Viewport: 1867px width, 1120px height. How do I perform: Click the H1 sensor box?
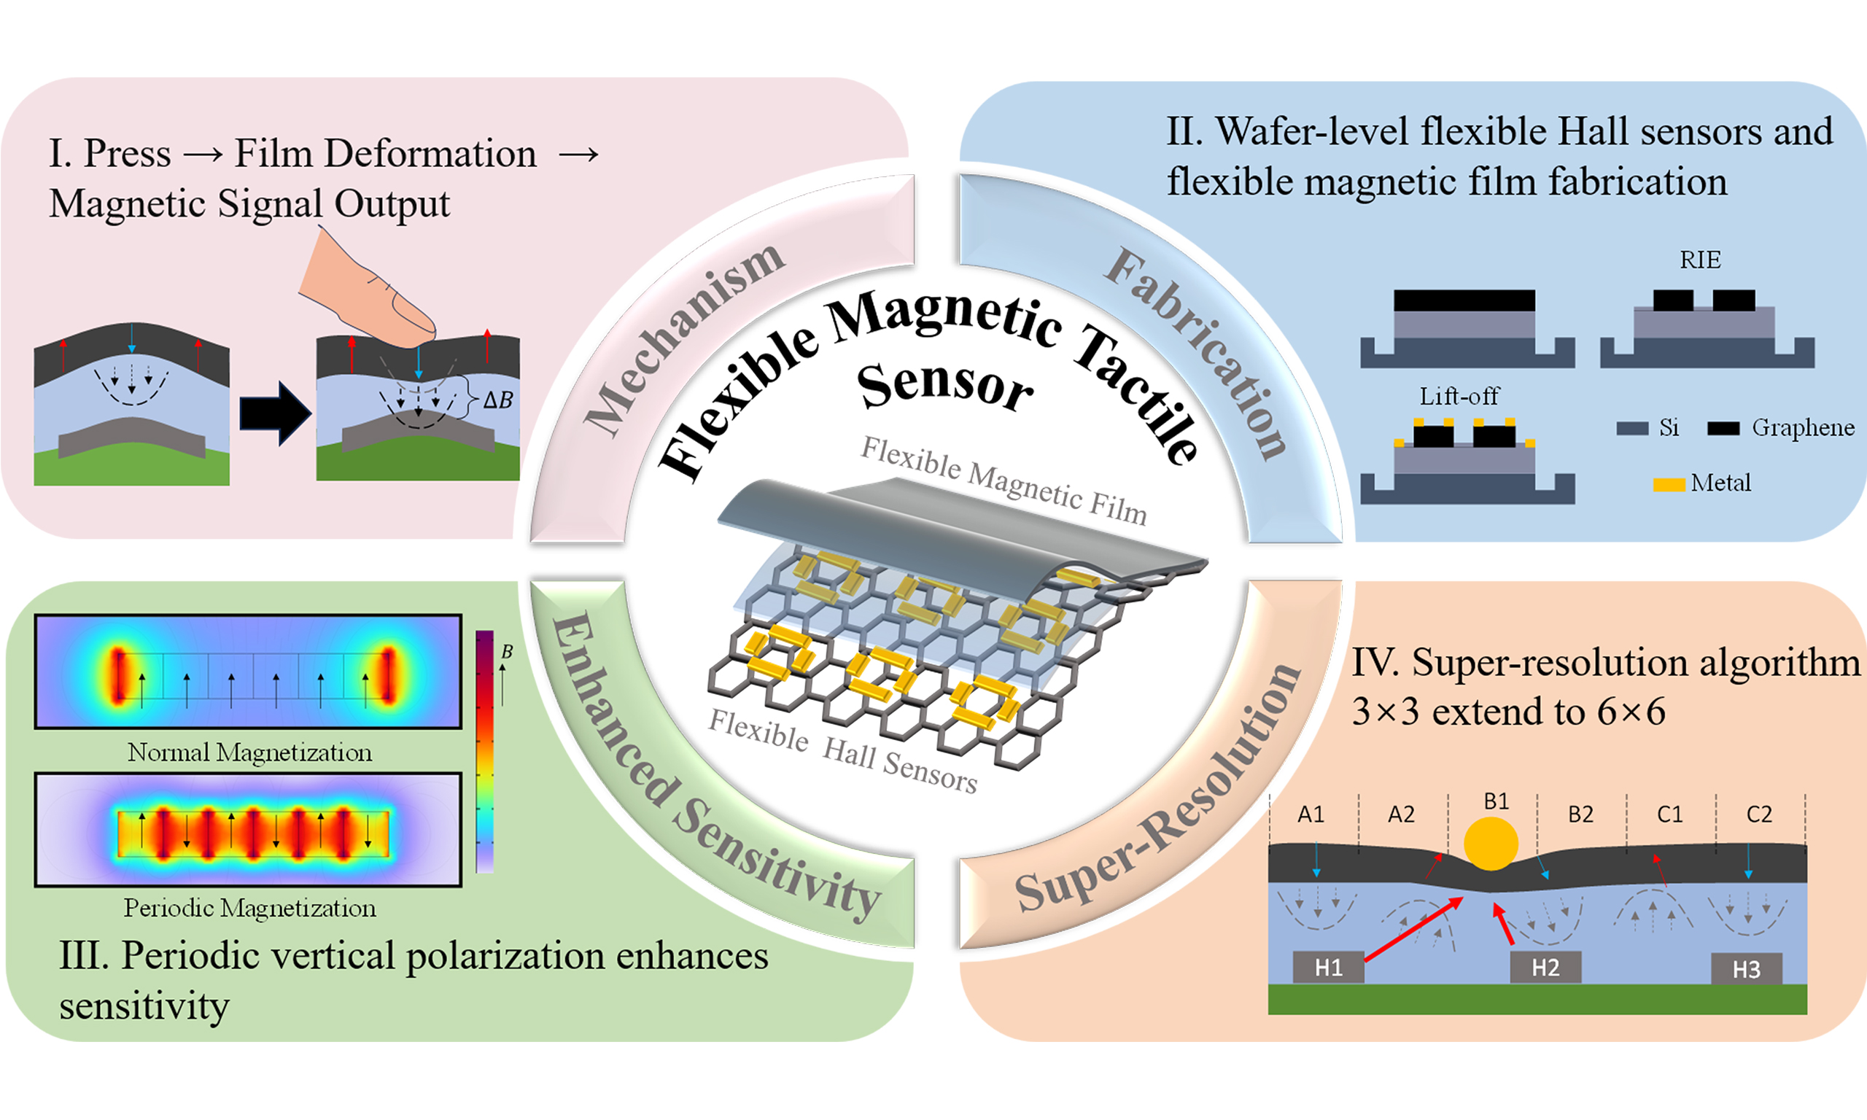click(x=1328, y=967)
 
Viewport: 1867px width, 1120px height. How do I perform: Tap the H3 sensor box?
click(x=1746, y=968)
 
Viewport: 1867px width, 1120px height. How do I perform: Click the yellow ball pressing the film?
click(x=1491, y=843)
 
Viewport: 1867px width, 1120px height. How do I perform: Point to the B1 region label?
click(x=1496, y=801)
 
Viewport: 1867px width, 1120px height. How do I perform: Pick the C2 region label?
click(x=1758, y=814)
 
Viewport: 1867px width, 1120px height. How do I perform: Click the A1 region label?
click(x=1311, y=814)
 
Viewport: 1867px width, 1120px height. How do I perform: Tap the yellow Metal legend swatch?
click(x=1669, y=484)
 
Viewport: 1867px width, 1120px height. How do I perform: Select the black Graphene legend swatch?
click(x=1723, y=429)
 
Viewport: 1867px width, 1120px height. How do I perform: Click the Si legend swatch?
click(x=1631, y=429)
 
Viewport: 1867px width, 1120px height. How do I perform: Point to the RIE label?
click(x=1700, y=260)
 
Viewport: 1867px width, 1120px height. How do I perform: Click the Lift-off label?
click(x=1459, y=396)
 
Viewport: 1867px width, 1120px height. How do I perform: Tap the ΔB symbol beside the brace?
click(x=498, y=400)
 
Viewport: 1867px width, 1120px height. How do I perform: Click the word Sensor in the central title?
click(x=945, y=385)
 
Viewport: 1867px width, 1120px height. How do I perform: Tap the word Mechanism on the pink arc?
click(x=683, y=340)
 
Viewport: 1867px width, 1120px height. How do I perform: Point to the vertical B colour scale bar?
click(x=484, y=751)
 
